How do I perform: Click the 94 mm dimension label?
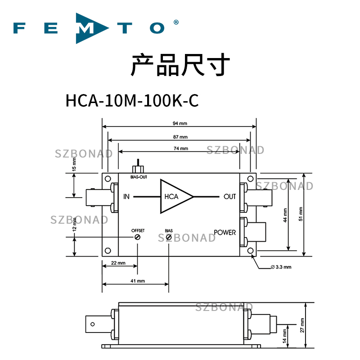click(180, 123)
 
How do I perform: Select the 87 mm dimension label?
click(180, 137)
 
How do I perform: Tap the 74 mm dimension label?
click(181, 148)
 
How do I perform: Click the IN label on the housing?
click(126, 197)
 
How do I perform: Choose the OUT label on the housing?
click(229, 197)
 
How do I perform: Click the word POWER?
click(225, 232)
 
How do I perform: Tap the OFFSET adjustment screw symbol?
click(138, 237)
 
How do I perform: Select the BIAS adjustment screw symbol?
click(169, 237)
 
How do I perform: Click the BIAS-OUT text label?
click(139, 177)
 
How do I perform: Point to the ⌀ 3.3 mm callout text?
click(281, 267)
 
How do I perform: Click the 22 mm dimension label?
click(118, 263)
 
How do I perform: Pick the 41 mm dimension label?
click(138, 281)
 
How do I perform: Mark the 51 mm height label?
click(301, 214)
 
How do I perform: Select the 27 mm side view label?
click(302, 325)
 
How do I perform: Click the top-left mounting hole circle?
click(108, 179)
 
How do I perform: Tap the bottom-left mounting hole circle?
click(108, 251)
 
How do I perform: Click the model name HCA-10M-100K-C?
click(132, 100)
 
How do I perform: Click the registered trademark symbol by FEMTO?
click(176, 22)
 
